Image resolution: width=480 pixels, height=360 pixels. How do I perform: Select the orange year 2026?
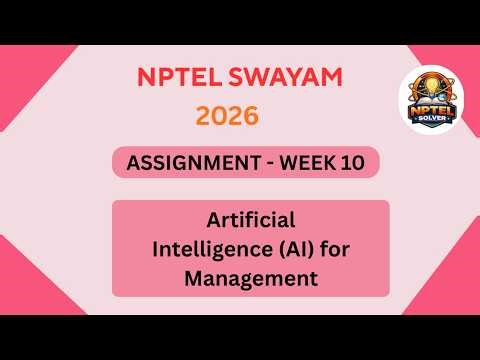point(227,116)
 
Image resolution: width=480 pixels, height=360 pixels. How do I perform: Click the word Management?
point(250,275)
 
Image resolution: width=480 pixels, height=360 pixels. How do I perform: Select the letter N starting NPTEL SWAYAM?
point(143,77)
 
